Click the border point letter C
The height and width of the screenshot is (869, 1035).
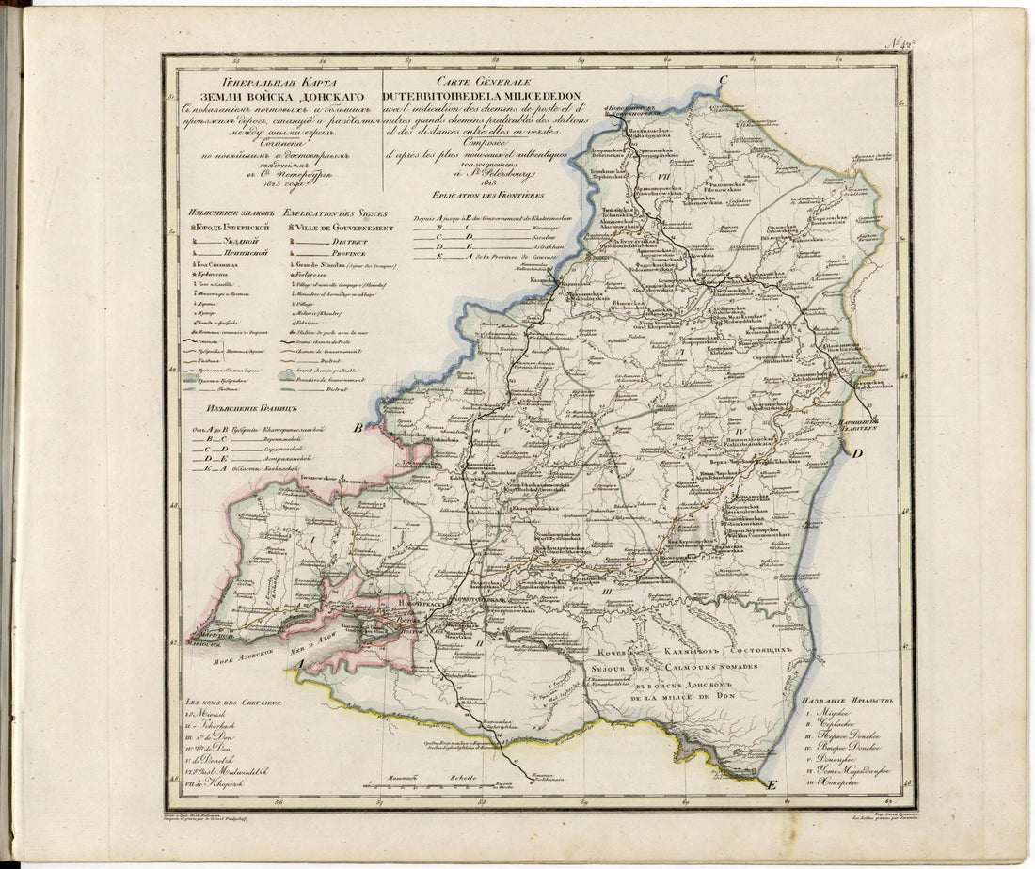[x=724, y=81]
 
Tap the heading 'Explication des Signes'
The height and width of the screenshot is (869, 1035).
[x=337, y=213]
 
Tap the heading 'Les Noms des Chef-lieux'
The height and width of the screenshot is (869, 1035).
[x=233, y=702]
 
